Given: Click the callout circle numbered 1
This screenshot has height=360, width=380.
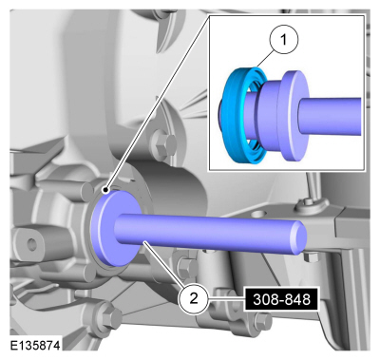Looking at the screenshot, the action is tap(284, 40).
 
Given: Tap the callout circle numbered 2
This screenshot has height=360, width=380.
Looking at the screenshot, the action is tap(194, 298).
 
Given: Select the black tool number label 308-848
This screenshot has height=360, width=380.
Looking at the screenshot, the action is tap(281, 299).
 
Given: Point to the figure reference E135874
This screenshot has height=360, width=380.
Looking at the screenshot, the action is tap(35, 346).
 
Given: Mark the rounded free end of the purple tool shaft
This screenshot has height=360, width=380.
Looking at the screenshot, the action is tap(299, 237).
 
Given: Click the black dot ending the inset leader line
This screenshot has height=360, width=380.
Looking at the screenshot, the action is tap(105, 190).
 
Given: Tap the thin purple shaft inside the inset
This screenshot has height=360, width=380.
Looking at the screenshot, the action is tap(331, 116).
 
